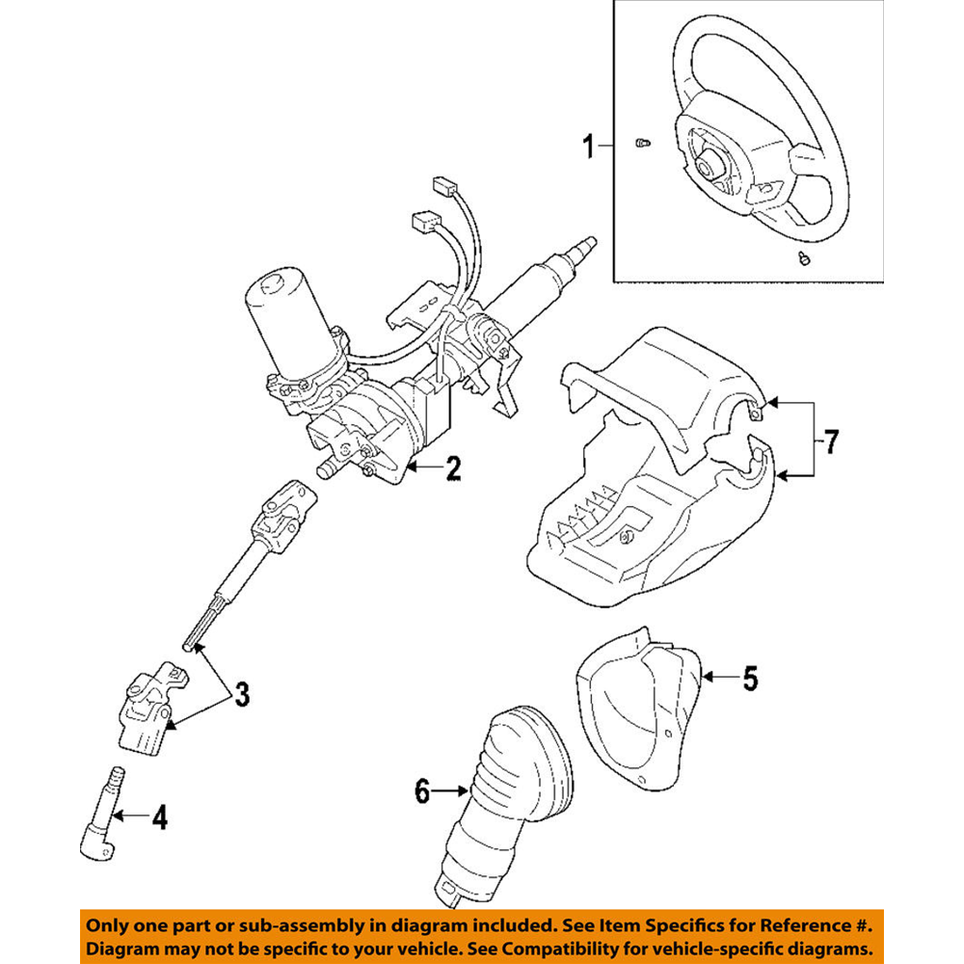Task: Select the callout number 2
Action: click(452, 469)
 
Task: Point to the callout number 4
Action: click(159, 818)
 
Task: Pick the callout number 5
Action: click(750, 679)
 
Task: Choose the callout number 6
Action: click(420, 791)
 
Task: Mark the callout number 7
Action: click(830, 442)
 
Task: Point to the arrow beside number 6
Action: click(452, 791)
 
